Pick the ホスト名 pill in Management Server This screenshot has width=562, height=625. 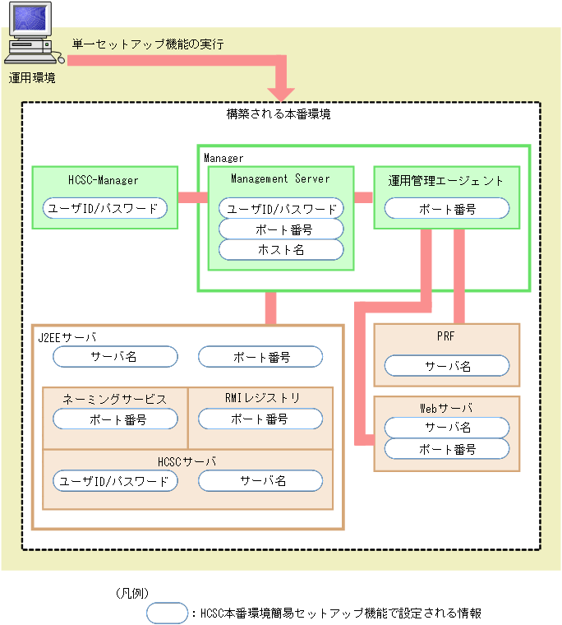[281, 249]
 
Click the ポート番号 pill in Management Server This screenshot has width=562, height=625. [281, 229]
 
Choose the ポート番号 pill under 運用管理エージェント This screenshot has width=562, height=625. [447, 209]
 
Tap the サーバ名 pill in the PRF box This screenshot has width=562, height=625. [447, 366]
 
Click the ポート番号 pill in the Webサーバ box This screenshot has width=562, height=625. [447, 449]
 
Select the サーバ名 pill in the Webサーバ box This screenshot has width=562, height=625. [447, 428]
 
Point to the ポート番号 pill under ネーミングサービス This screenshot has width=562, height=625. [116, 419]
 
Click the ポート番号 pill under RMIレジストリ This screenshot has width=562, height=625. [260, 419]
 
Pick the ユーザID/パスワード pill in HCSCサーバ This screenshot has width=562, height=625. [116, 480]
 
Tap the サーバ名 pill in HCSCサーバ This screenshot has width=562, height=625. [260, 480]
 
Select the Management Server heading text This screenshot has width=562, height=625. [280, 178]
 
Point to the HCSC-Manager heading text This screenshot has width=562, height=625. [104, 179]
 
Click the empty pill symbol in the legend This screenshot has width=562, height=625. [167, 613]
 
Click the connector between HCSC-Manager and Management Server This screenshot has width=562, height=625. [192, 197]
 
